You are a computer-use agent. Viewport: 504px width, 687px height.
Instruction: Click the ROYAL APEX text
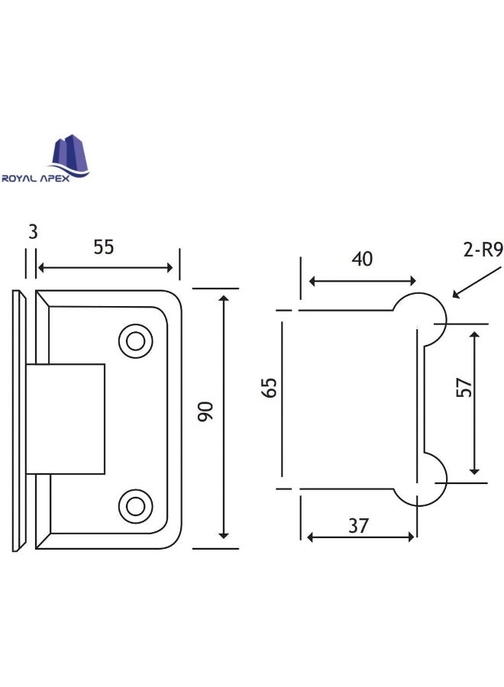(x=47, y=179)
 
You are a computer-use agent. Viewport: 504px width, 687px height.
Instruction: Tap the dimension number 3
(x=32, y=232)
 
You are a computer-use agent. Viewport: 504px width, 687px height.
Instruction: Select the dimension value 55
(x=104, y=247)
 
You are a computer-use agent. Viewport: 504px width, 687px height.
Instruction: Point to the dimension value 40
(x=361, y=259)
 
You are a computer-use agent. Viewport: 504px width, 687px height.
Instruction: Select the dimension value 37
(x=359, y=525)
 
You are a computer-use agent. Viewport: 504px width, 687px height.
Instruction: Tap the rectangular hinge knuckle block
(x=66, y=419)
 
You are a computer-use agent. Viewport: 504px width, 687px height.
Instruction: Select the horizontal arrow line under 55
(x=105, y=267)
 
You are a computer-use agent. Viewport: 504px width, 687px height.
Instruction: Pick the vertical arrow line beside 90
(x=224, y=416)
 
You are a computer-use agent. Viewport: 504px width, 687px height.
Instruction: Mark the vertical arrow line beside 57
(x=476, y=402)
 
